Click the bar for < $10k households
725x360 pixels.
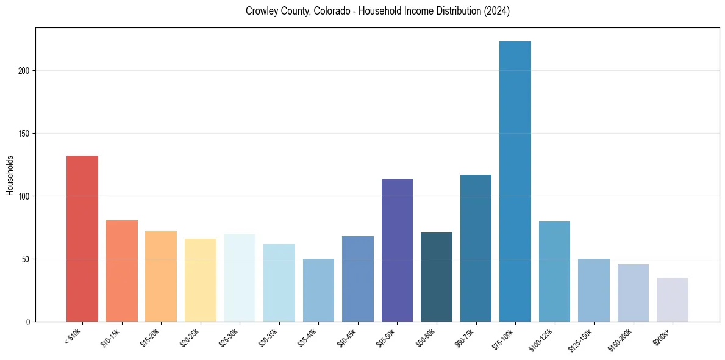pyautogui.click(x=82, y=239)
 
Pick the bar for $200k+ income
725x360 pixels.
pyautogui.click(x=673, y=300)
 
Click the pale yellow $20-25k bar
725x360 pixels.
pyautogui.click(x=201, y=280)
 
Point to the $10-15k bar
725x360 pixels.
pyautogui.click(x=122, y=271)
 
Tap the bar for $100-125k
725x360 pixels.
pyautogui.click(x=554, y=272)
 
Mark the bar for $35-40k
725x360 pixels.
pyautogui.click(x=318, y=290)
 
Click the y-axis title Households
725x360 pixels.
pyautogui.click(x=10, y=175)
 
